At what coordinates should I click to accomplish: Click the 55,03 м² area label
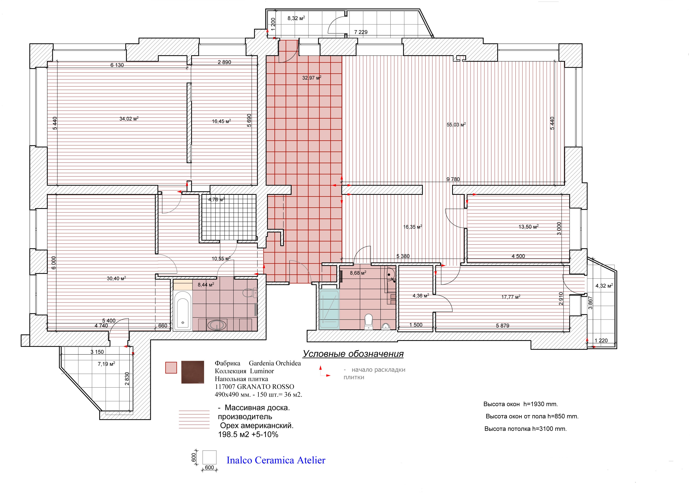[x=456, y=124]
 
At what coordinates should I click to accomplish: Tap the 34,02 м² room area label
[x=129, y=119]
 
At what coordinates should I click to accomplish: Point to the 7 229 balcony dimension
[x=361, y=32]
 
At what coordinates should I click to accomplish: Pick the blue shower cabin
[x=329, y=309]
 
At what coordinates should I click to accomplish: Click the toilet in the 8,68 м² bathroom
[x=368, y=321]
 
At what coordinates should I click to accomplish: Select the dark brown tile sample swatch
[x=193, y=372]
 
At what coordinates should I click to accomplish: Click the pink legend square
[x=171, y=368]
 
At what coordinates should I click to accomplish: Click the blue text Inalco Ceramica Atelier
[x=276, y=460]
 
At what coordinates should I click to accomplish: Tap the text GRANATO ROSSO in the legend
[x=266, y=387]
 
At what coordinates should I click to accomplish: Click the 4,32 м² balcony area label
[x=604, y=286]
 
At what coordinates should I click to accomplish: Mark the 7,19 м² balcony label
[x=106, y=364]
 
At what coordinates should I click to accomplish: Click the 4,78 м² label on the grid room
[x=216, y=199]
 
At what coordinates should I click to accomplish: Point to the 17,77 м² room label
[x=511, y=297]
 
